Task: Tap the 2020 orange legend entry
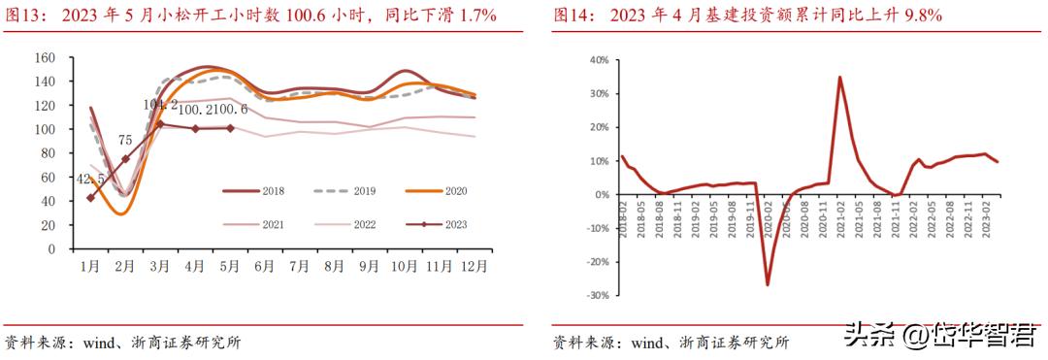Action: pyautogui.click(x=453, y=191)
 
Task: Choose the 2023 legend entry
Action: pyautogui.click(x=453, y=224)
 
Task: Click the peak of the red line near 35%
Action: pyautogui.click(x=839, y=78)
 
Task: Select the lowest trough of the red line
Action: pyautogui.click(x=768, y=284)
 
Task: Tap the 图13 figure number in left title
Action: pyautogui.click(x=23, y=15)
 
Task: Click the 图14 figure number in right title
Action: pyautogui.click(x=573, y=15)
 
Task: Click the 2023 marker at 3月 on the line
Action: pyautogui.click(x=159, y=123)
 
